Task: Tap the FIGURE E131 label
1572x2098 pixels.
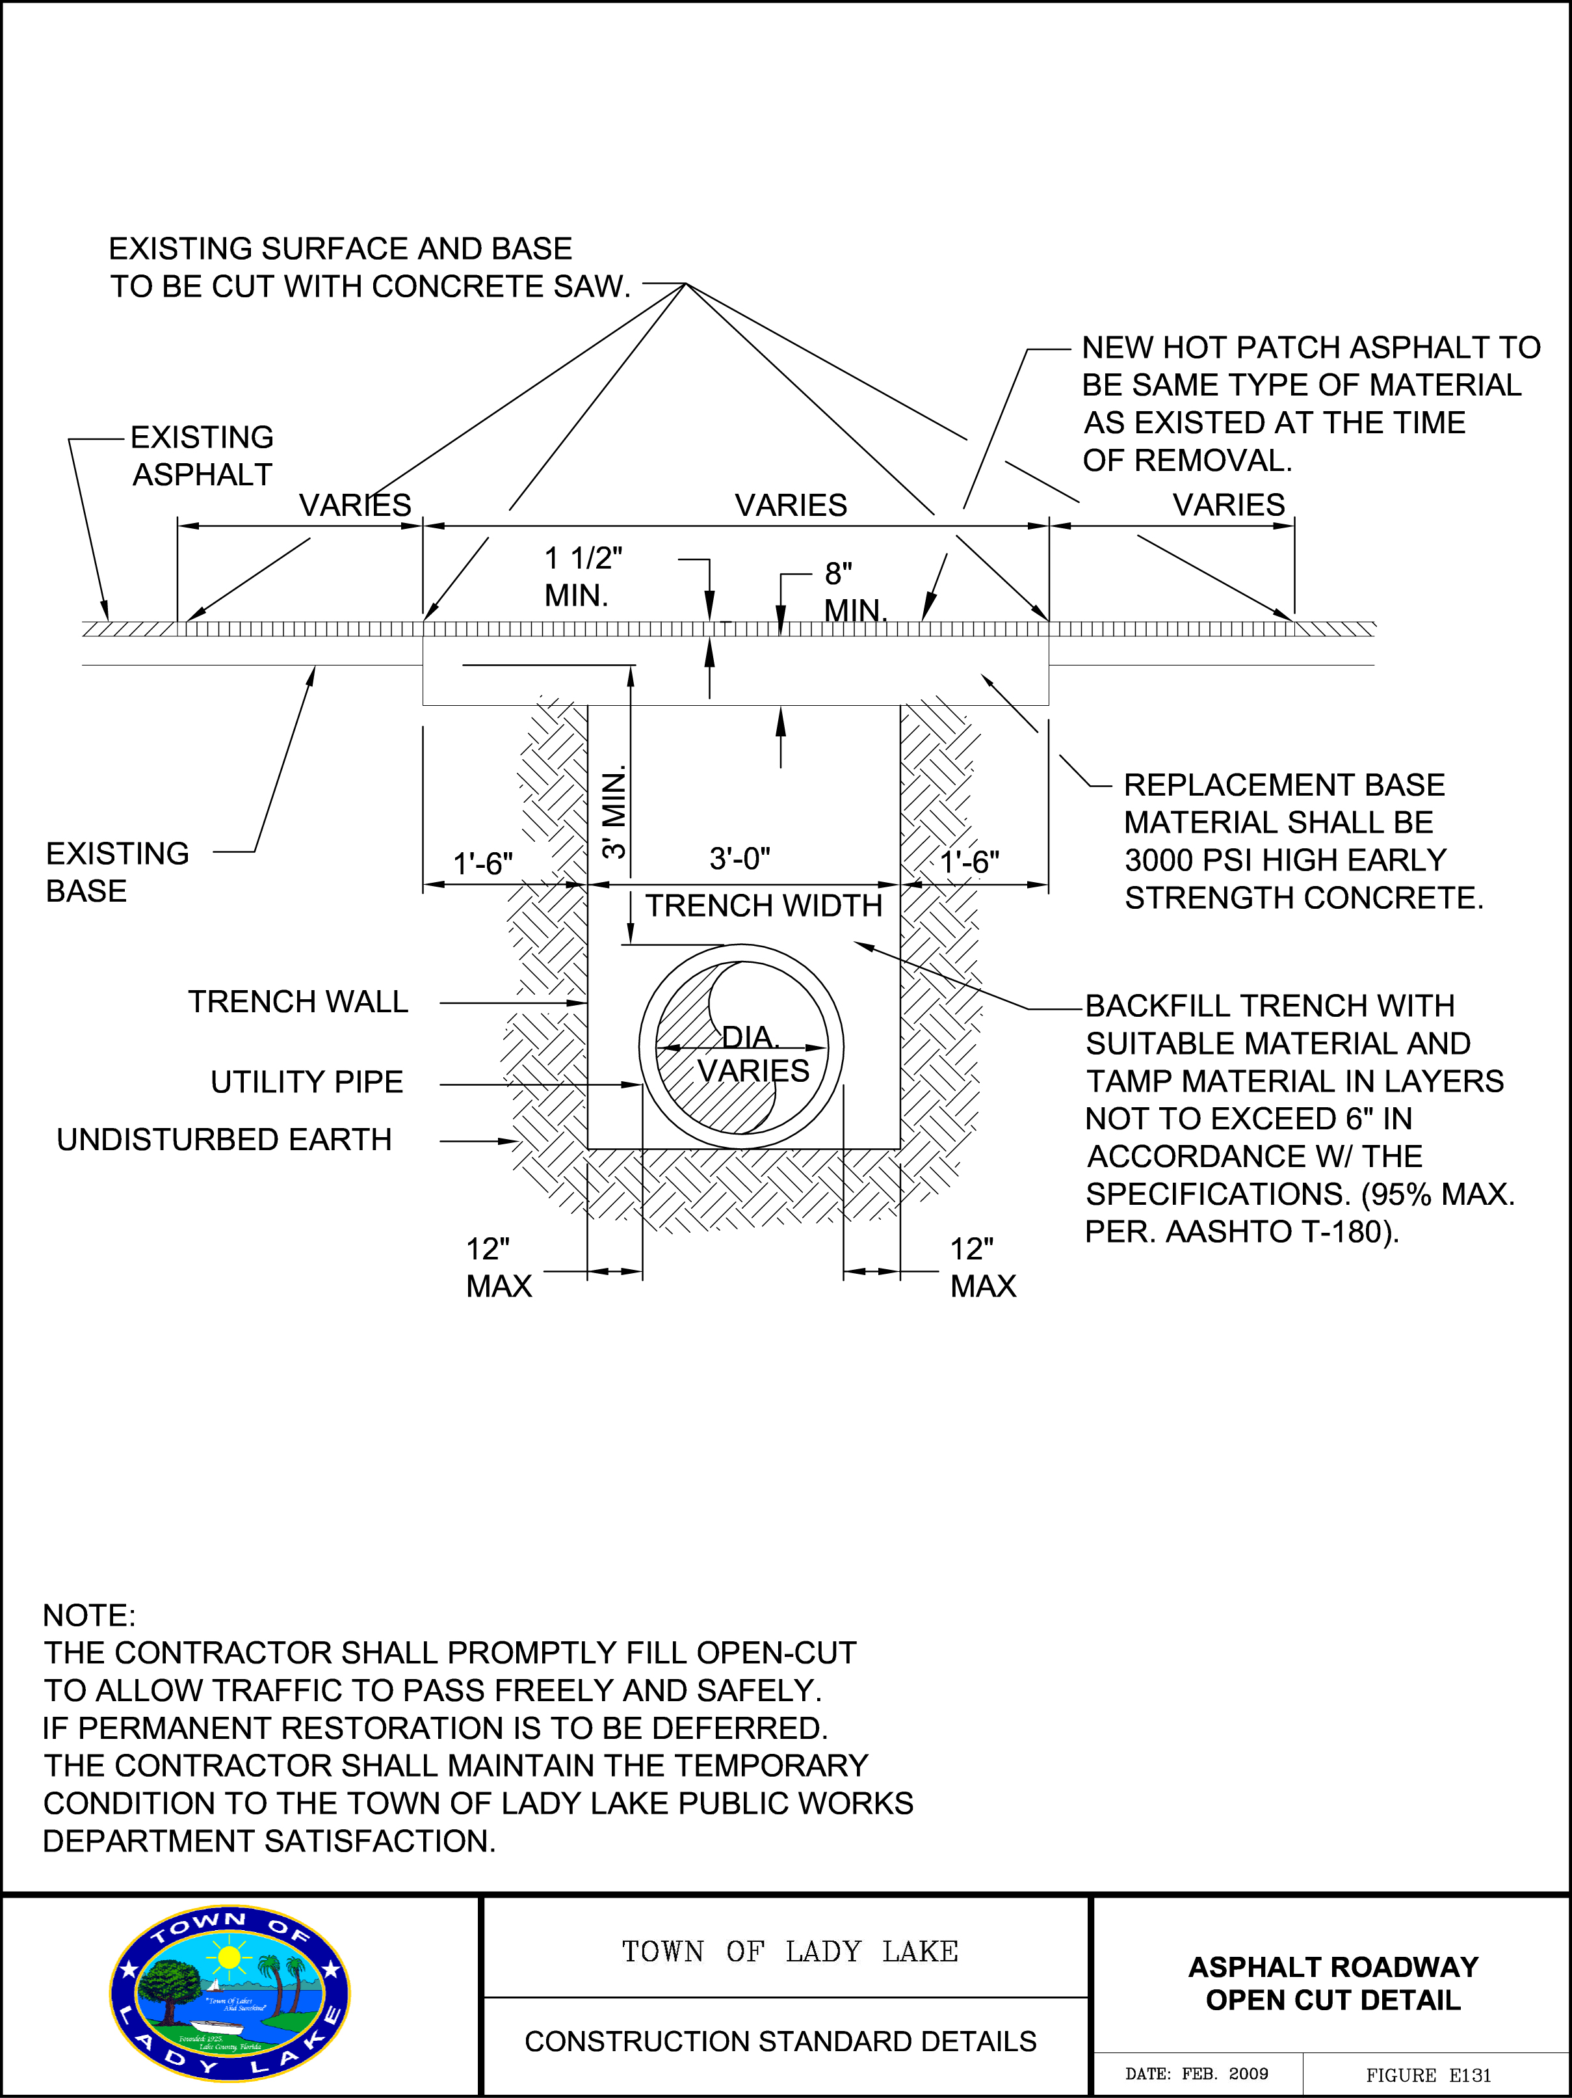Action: click(x=1428, y=2075)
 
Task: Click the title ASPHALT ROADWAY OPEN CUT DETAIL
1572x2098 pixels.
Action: click(x=1333, y=1984)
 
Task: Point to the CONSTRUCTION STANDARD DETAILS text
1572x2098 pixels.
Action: click(x=780, y=2041)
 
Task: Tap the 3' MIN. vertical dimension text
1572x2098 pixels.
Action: click(x=614, y=812)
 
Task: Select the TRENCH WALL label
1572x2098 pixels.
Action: click(x=298, y=1002)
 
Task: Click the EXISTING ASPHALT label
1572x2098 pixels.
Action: click(x=202, y=456)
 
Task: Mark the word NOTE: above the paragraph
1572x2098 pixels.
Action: click(x=89, y=1615)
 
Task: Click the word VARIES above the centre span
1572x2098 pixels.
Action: click(x=791, y=505)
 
